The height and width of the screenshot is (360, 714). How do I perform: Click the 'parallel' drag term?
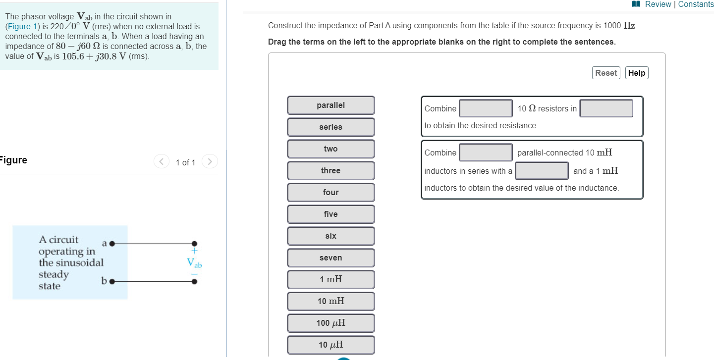pos(330,105)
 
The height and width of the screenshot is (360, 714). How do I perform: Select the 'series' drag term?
pos(330,127)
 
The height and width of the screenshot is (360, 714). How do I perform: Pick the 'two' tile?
pos(330,149)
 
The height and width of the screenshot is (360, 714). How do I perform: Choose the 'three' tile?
pos(330,171)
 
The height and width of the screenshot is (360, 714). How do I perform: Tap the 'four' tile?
pos(330,193)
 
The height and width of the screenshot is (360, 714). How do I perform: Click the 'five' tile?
pos(330,214)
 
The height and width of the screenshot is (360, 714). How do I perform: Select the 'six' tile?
pos(330,236)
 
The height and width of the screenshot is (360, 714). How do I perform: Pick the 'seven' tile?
pos(330,258)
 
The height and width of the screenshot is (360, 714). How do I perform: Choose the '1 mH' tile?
pos(330,280)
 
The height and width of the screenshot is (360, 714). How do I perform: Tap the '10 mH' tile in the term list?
pos(330,302)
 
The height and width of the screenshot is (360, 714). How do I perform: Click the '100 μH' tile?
pos(330,323)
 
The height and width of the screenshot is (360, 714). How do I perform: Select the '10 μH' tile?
pos(330,345)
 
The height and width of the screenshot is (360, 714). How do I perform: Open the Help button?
pos(637,73)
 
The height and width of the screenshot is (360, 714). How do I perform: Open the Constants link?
pos(696,4)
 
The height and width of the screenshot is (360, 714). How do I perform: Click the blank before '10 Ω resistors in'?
pos(486,108)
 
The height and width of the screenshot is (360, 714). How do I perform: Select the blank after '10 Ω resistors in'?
pos(606,108)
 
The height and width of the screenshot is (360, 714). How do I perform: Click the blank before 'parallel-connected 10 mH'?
pos(486,153)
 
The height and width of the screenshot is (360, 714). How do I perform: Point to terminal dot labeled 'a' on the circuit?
pos(112,244)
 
